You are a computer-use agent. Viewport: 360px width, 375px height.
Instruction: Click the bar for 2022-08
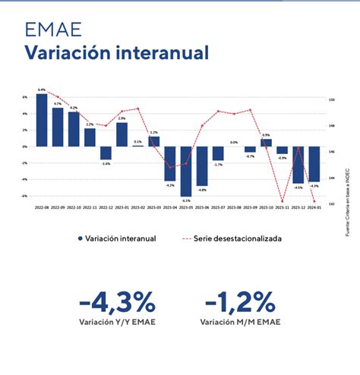(41, 120)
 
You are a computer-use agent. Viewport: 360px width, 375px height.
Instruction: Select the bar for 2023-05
(185, 171)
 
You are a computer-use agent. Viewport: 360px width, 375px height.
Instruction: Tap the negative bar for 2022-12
(106, 153)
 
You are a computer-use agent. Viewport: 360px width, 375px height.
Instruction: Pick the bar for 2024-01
(314, 164)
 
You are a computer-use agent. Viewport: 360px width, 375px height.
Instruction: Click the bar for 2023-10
(266, 143)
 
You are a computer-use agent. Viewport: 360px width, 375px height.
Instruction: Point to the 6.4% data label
(41, 90)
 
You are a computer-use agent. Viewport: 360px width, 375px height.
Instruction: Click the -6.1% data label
(185, 200)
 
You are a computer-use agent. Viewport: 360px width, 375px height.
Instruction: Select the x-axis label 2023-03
(153, 206)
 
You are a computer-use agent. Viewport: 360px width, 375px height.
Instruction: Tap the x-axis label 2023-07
(218, 206)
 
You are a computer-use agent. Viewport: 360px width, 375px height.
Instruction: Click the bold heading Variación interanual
(115, 53)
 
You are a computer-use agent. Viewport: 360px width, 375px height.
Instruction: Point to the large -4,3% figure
(116, 301)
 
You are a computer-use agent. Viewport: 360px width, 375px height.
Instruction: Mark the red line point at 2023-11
(282, 202)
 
